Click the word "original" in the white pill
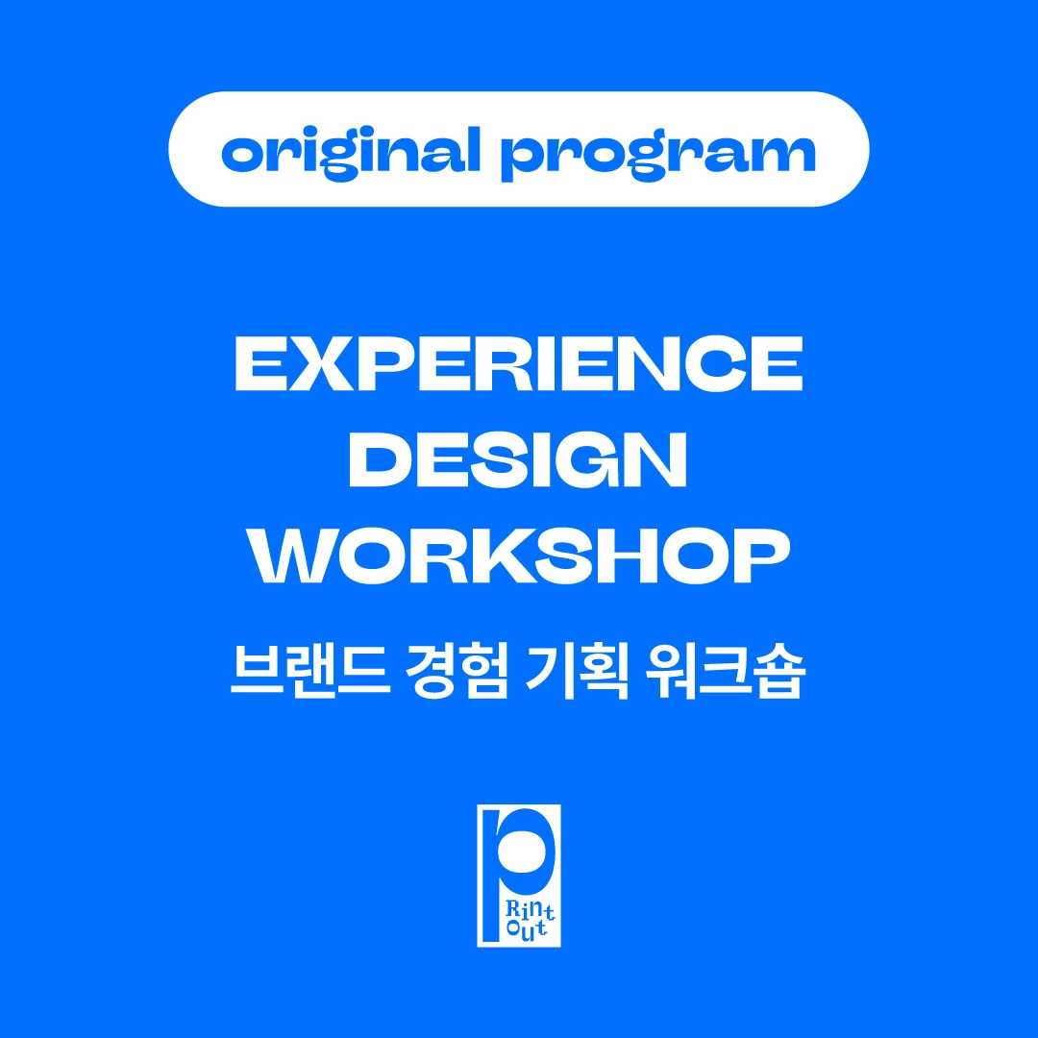click(x=351, y=152)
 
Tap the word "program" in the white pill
click(x=658, y=156)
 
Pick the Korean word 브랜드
click(x=309, y=671)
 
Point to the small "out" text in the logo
click(x=528, y=928)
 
